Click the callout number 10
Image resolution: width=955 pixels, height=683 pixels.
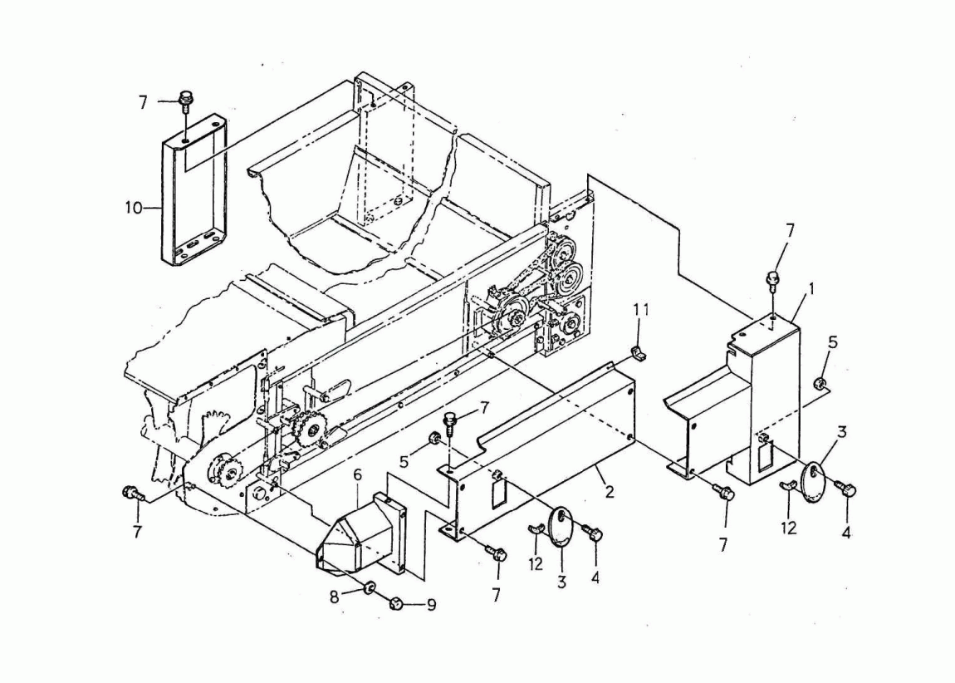point(134,208)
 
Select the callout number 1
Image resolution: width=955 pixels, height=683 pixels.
point(811,287)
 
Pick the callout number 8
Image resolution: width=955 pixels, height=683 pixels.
point(334,597)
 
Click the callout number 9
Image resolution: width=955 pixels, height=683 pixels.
point(431,606)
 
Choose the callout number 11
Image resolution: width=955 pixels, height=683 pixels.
point(640,310)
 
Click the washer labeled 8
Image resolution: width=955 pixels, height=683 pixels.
point(369,588)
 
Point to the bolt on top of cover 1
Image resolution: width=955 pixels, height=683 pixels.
point(771,279)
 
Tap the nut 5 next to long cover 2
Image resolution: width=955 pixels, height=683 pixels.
point(435,437)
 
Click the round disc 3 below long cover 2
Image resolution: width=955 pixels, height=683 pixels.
point(561,528)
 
